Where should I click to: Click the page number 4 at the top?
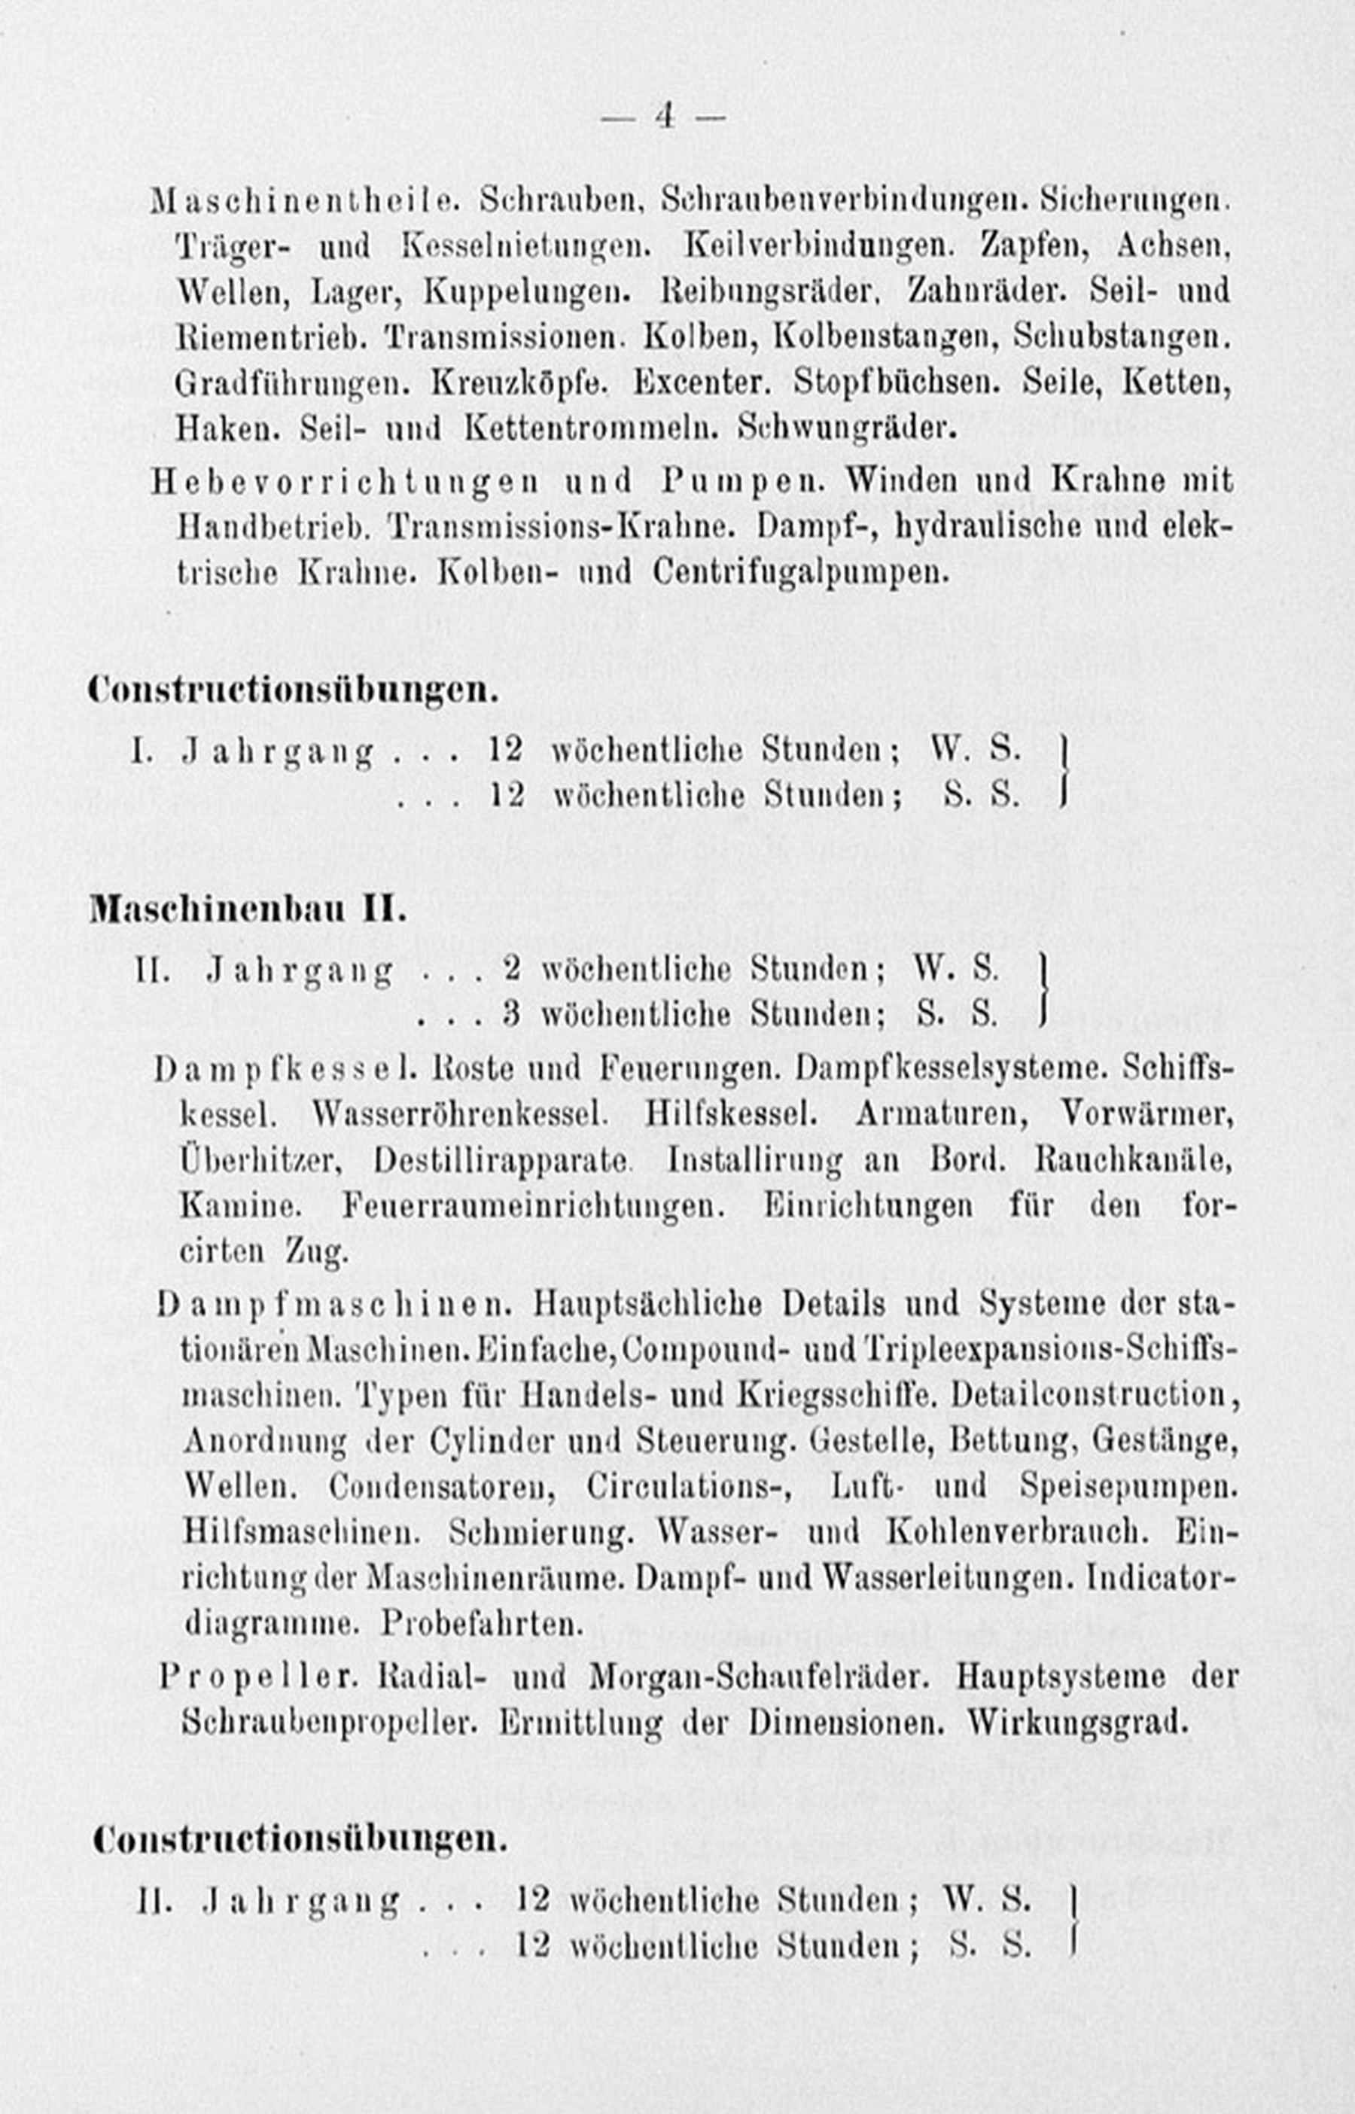664,116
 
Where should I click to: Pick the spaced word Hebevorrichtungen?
345,481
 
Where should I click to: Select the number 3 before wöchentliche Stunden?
511,1014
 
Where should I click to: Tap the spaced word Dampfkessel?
286,1069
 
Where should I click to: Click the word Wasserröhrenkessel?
460,1115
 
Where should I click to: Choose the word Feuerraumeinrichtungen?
533,1205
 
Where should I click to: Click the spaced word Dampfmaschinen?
335,1305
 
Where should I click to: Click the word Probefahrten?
483,1623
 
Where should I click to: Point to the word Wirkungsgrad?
1077,1722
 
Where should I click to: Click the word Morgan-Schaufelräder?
759,1677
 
